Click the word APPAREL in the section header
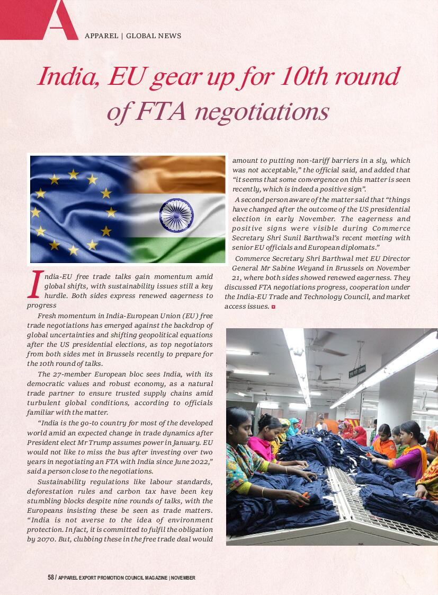101,36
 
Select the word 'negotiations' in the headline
262,111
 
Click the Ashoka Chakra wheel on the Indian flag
176,214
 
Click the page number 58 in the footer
51,577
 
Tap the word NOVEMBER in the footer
183,577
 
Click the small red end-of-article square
273,307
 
